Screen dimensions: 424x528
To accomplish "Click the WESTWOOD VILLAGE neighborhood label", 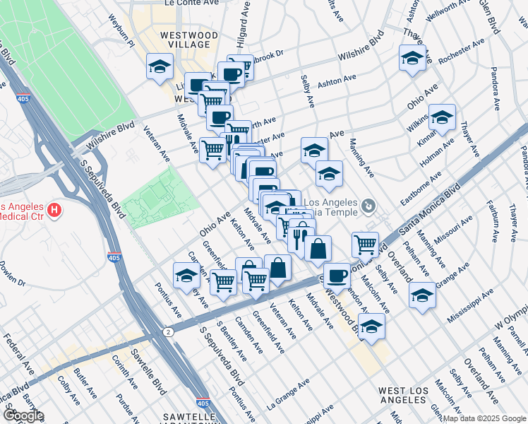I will click(x=188, y=39).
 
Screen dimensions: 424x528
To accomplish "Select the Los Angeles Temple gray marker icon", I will click(x=368, y=206).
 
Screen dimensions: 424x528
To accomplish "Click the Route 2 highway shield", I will click(x=168, y=331).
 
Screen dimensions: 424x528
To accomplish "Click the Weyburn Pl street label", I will click(x=121, y=28).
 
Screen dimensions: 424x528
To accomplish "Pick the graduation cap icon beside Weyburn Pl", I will click(x=160, y=67).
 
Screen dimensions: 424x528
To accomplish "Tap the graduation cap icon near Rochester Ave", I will click(x=412, y=59).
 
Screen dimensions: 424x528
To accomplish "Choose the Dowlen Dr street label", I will click(x=12, y=273).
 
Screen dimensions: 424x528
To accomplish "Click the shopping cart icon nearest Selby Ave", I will click(x=364, y=245).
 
